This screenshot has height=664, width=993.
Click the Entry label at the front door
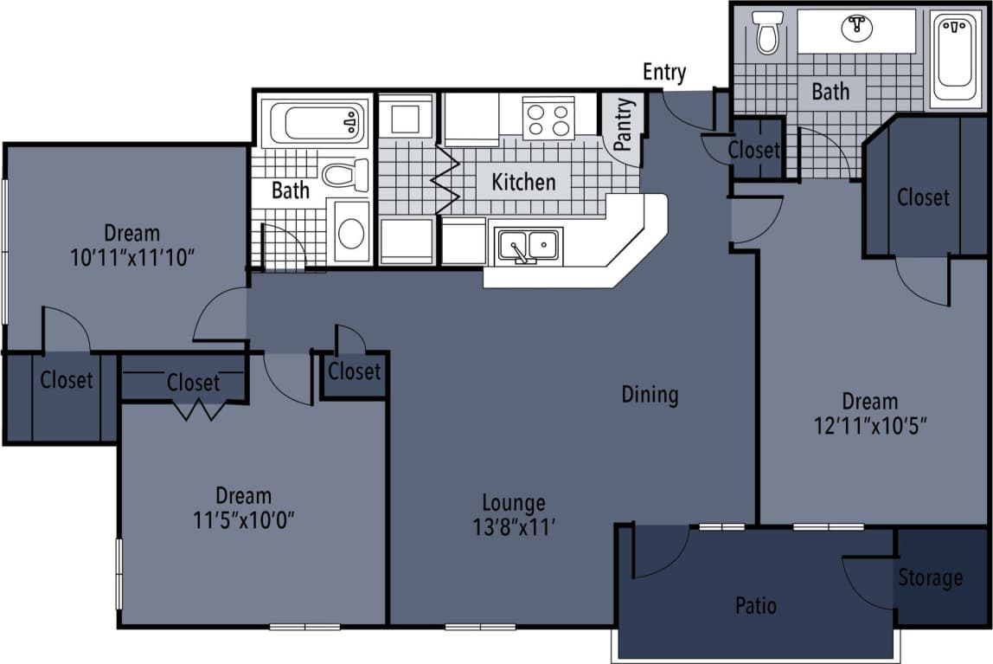[x=663, y=73]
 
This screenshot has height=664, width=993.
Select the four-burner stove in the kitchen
[x=548, y=119]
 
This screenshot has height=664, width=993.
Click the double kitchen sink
[x=528, y=246]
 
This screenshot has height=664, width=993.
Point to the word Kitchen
[x=523, y=182]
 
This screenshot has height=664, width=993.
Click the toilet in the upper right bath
[x=766, y=32]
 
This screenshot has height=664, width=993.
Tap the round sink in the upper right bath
[x=855, y=28]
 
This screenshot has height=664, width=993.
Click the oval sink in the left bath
[x=351, y=233]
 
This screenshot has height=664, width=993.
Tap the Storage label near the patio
[x=930, y=577]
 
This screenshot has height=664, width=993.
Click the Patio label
[x=755, y=604]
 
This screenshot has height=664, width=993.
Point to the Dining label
[x=650, y=395]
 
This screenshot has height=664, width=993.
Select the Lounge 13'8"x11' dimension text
[x=514, y=526]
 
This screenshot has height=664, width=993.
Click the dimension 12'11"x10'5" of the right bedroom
[x=870, y=426]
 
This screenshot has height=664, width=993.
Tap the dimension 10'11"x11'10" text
[x=132, y=257]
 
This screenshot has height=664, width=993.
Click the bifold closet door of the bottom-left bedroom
[x=200, y=409]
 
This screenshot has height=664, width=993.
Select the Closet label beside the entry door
[x=753, y=150]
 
